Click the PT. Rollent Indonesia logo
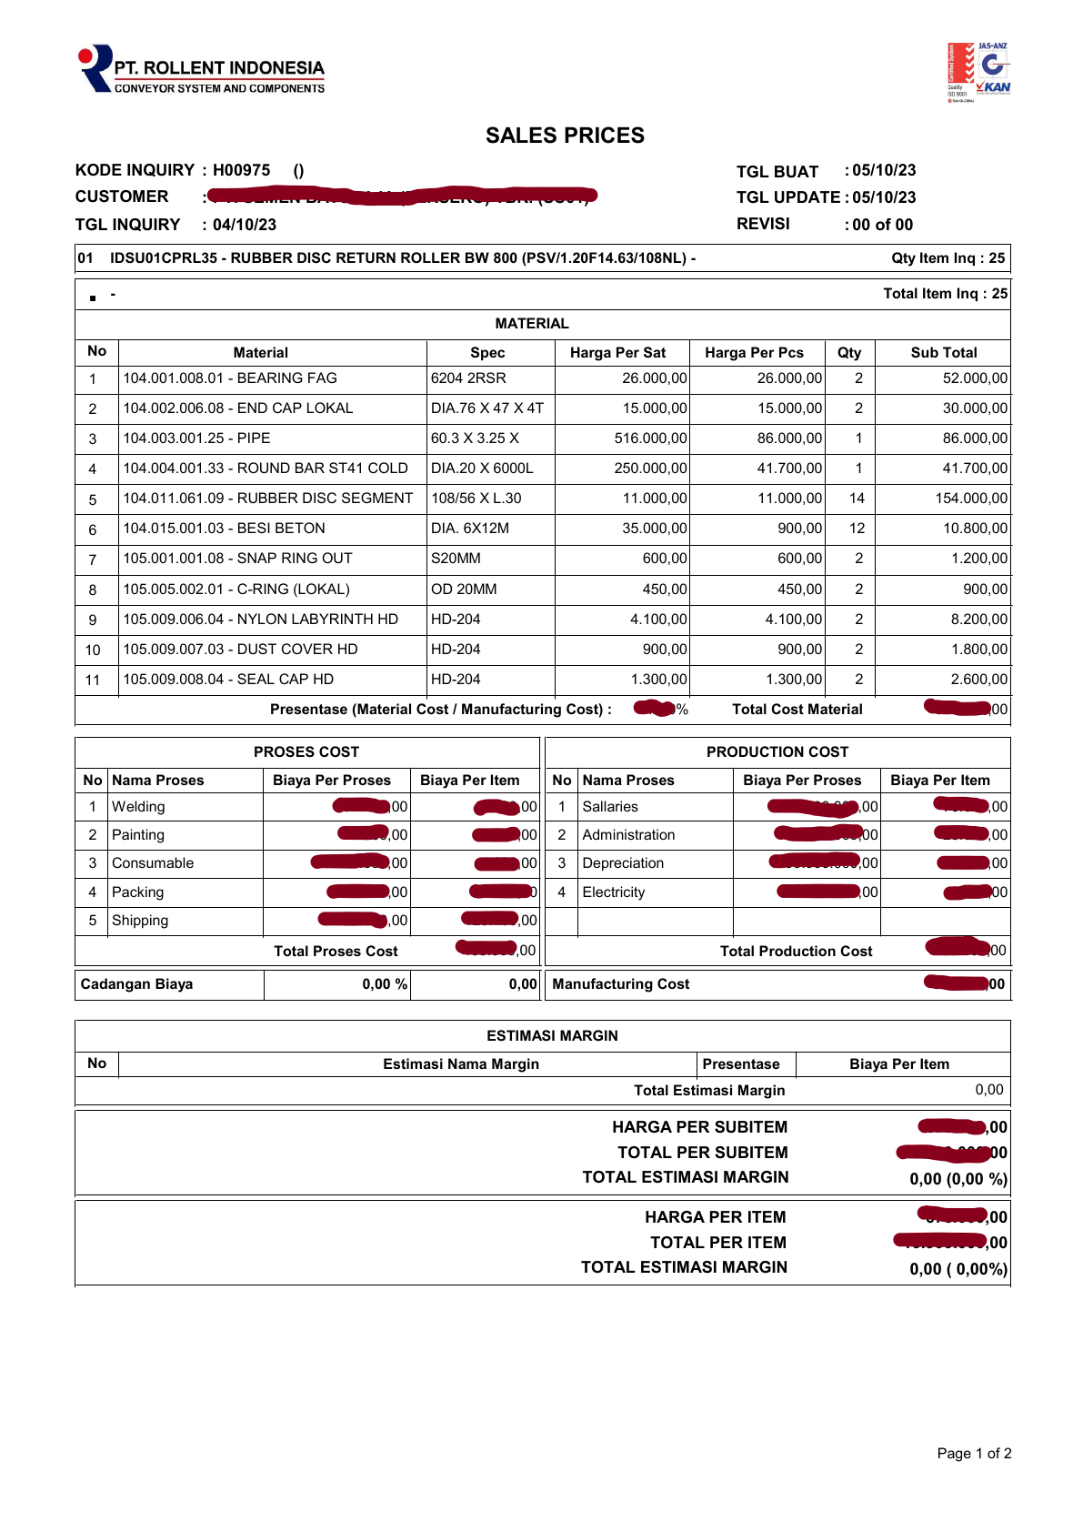tap(202, 70)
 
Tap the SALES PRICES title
tap(565, 136)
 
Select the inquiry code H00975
tap(242, 170)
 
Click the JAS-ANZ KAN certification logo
tap(978, 72)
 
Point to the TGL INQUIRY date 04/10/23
tap(245, 225)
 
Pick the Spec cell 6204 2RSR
tap(468, 378)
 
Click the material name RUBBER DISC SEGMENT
tap(325, 499)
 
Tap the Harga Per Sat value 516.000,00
tap(650, 438)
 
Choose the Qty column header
tap(849, 353)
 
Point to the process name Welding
tap(138, 807)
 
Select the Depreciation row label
tap(623, 863)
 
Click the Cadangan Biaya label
tap(136, 984)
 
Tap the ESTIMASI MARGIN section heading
tap(552, 1036)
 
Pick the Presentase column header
tap(741, 1064)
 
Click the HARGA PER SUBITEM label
tap(699, 1127)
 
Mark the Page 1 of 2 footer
tap(974, 1454)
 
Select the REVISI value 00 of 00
tap(882, 225)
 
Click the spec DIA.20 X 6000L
tap(482, 469)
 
